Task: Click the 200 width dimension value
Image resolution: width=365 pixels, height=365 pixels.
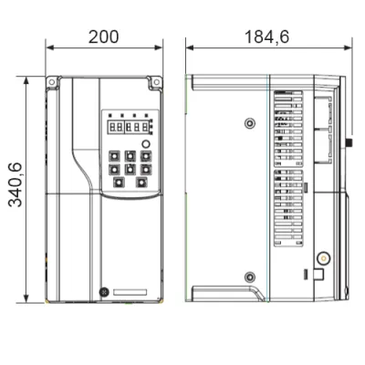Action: click(103, 36)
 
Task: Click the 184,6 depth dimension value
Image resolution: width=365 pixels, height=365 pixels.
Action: click(266, 37)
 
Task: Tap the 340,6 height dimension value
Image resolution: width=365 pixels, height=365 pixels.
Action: click(16, 185)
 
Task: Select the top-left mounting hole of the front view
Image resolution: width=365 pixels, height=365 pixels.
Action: click(52, 82)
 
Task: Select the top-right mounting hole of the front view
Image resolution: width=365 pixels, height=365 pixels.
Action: click(156, 82)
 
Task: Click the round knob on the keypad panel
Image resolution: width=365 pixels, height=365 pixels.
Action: click(146, 144)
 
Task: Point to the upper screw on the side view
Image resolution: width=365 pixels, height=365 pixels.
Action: click(250, 123)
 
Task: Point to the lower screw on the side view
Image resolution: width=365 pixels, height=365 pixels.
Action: click(250, 276)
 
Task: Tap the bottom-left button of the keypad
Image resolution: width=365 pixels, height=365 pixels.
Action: click(119, 182)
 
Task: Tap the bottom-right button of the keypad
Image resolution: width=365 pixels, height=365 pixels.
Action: click(141, 182)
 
